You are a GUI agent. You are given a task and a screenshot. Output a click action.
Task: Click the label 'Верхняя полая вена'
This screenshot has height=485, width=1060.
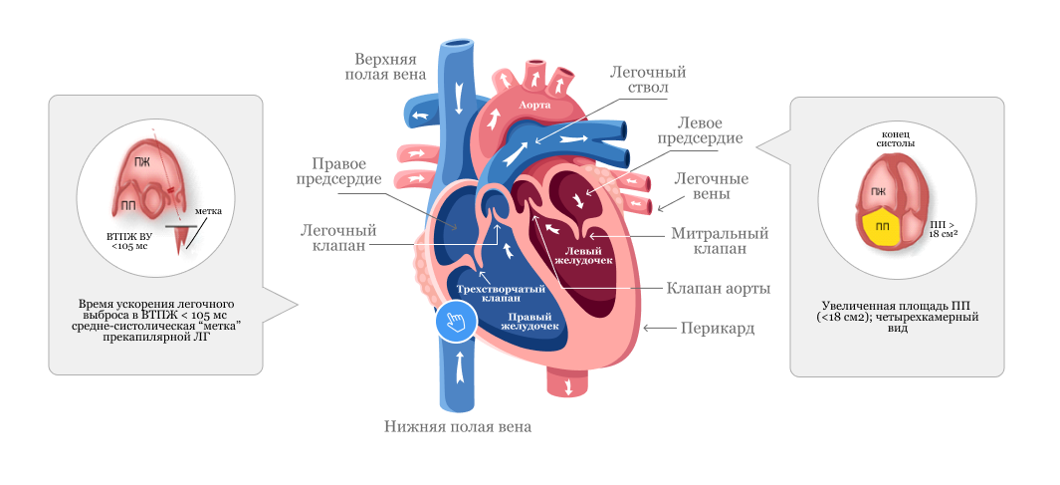coord(386,66)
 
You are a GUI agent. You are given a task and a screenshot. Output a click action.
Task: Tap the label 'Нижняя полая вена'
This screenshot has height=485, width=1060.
coord(458,426)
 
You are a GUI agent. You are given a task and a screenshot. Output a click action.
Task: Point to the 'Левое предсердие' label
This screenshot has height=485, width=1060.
coord(711,130)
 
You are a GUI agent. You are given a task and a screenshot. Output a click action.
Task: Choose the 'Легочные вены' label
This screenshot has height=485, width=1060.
coord(712,186)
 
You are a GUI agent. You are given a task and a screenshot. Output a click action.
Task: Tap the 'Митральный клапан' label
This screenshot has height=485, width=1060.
coord(720,241)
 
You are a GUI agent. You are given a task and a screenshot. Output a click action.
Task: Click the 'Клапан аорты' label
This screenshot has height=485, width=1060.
coord(719,288)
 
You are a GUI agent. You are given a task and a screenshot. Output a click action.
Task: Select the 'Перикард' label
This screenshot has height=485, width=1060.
coord(717,327)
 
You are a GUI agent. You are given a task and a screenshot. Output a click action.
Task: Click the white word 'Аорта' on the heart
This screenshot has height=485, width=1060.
coord(535,104)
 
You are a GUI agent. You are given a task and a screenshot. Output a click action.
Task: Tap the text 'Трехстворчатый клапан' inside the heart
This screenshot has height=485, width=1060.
coord(487,293)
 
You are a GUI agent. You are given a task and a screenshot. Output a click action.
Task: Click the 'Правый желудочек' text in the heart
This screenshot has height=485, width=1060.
coord(529,322)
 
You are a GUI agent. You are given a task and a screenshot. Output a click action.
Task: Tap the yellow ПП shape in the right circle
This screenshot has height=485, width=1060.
coord(882,226)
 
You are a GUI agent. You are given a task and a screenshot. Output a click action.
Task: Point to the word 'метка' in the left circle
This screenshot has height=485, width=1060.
coord(208,211)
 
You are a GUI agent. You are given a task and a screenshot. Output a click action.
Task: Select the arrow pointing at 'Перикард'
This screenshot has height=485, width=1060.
coord(656,327)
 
